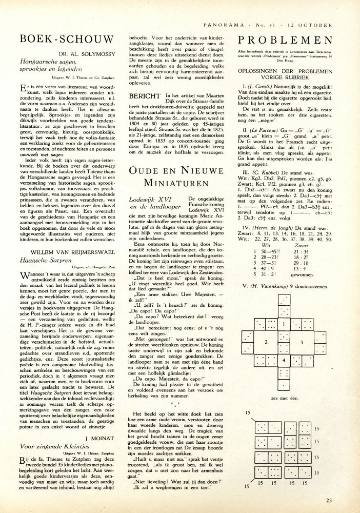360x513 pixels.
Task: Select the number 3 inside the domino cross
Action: tap(302, 341)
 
